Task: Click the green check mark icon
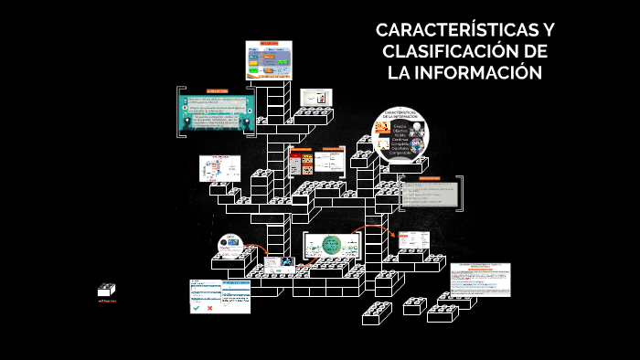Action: pos(196,308)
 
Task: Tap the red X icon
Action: pos(209,308)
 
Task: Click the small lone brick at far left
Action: pos(108,289)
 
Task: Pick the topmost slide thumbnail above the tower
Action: pos(269,59)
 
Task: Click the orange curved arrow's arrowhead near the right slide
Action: pos(394,237)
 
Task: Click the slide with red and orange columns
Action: pos(302,164)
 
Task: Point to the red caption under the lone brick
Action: pos(108,300)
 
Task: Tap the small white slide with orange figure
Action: pos(315,97)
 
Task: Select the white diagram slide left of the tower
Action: pos(219,168)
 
